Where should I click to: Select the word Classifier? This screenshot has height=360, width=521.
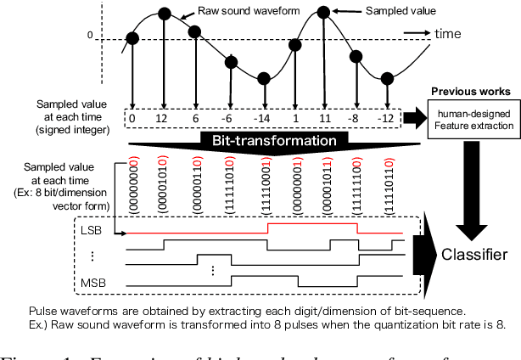(479, 253)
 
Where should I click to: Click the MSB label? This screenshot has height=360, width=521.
(89, 281)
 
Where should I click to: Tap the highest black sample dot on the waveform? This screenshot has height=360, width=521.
(322, 13)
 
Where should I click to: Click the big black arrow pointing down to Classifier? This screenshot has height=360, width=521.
(473, 187)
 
